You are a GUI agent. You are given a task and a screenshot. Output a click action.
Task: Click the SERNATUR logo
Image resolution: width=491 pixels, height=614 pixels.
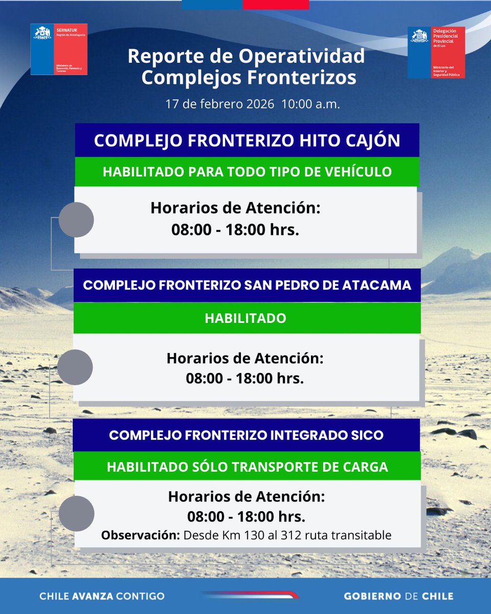(x=59, y=49)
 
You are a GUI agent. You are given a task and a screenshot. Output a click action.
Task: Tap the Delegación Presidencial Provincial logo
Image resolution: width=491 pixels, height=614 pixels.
(x=436, y=52)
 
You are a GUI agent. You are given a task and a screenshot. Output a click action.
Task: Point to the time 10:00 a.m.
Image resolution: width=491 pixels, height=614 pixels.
(x=310, y=104)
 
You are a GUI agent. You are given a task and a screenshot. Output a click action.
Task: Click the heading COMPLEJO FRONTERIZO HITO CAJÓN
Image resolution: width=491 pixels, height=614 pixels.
(x=247, y=141)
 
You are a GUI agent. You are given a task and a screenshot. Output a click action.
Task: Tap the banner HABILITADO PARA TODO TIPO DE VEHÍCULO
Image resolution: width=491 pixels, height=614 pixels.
(x=247, y=171)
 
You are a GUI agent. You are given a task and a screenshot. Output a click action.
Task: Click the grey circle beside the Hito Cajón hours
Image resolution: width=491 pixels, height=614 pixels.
(x=76, y=220)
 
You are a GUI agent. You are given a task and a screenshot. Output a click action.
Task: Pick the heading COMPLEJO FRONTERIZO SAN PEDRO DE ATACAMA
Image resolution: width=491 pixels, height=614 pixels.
(x=247, y=285)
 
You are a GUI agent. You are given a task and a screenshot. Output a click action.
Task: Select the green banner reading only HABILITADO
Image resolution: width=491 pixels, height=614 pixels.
(x=245, y=318)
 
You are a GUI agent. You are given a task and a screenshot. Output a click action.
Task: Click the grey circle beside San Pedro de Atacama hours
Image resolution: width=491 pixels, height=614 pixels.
(x=75, y=367)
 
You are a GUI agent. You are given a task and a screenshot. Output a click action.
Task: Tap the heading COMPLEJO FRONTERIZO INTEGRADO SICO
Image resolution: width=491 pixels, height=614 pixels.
(x=246, y=435)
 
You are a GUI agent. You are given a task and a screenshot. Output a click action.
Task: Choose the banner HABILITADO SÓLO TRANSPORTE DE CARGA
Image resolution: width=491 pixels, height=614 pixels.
(x=247, y=467)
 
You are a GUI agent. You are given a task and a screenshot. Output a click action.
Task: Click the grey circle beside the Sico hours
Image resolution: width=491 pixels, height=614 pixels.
(x=76, y=513)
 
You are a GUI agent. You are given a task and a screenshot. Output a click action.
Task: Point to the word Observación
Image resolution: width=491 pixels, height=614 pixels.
(x=140, y=536)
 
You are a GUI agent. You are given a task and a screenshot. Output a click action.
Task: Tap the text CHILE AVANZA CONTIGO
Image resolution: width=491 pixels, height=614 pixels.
(x=102, y=596)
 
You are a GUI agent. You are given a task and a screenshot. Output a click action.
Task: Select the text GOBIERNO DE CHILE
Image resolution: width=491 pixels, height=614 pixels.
(x=398, y=596)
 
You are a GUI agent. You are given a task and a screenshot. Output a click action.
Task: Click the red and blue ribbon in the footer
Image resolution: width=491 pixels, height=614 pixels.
(x=251, y=595)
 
